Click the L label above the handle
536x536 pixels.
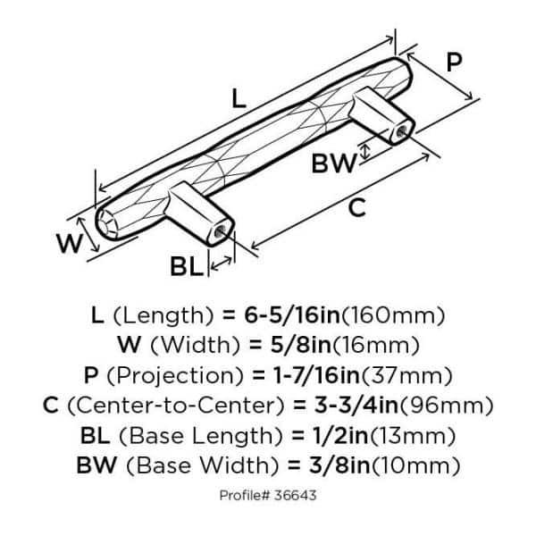(238, 98)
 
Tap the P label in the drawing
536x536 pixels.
(454, 63)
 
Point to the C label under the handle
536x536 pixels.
(356, 208)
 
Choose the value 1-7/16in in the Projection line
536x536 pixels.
(313, 374)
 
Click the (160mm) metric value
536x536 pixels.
(395, 315)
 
